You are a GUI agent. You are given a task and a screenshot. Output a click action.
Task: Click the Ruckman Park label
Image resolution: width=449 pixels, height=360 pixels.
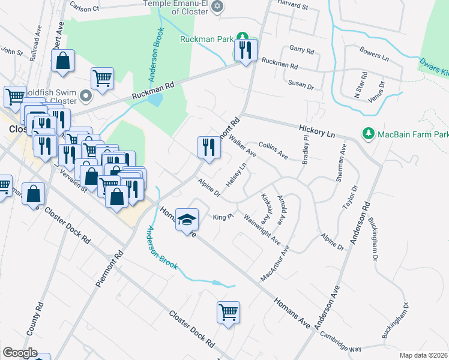click(x=206, y=39)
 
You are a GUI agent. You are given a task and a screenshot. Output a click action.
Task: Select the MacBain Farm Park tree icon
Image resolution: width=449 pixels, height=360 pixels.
click(x=369, y=133)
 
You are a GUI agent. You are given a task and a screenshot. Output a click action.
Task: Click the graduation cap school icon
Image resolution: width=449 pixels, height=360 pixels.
click(x=188, y=221)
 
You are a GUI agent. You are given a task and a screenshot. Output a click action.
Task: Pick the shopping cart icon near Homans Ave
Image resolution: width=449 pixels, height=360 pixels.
click(x=228, y=312)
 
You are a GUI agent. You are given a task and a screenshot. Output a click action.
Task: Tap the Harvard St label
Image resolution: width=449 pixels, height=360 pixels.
click(x=293, y=7)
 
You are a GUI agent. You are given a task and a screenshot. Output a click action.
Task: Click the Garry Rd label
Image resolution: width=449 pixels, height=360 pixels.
click(x=301, y=50)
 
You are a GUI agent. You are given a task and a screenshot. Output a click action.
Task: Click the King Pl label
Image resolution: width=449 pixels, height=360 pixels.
click(x=223, y=217)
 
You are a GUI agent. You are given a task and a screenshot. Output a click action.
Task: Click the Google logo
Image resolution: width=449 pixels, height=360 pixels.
click(x=20, y=353)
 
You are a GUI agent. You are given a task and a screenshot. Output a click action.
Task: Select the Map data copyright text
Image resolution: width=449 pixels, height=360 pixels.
click(x=424, y=355)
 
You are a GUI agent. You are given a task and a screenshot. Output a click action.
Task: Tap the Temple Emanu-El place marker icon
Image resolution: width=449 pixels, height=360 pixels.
click(x=217, y=7)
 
